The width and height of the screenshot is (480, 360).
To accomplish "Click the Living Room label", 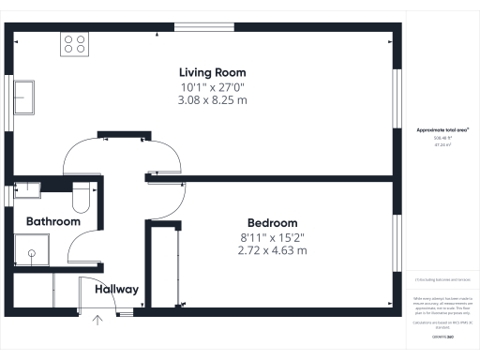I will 214,71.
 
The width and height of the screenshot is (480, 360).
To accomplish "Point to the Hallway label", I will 116,290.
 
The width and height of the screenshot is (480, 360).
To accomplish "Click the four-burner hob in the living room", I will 75,43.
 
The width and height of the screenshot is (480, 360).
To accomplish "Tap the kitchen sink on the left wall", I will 24,97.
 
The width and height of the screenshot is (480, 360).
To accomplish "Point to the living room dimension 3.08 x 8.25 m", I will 214,99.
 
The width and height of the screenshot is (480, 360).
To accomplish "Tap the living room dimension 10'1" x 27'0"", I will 214,86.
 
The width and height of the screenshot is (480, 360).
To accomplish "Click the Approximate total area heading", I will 442,130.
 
